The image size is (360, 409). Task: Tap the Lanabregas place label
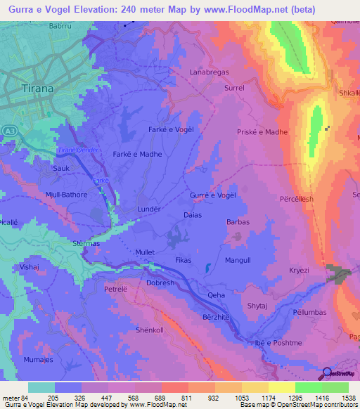coord(210,72)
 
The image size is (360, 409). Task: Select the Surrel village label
coord(233,89)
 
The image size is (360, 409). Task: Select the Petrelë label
coord(115,288)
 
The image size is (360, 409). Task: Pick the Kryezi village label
coord(300,270)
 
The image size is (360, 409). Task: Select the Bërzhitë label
coord(217,317)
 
